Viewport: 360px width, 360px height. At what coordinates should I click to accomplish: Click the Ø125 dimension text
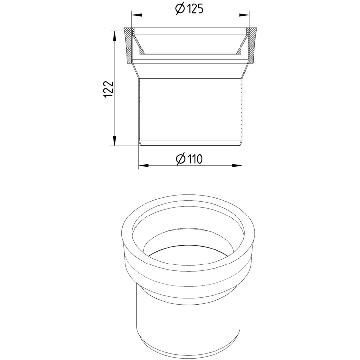(189, 9)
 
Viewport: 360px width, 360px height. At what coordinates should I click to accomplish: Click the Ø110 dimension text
(189, 159)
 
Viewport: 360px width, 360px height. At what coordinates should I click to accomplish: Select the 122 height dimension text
(109, 90)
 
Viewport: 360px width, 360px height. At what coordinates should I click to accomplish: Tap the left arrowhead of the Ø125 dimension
(136, 15)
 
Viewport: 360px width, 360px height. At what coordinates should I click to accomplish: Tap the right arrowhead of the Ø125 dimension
(244, 15)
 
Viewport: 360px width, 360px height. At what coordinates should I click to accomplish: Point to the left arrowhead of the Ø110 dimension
(143, 165)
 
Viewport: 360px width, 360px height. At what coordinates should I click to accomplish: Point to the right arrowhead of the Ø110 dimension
(237, 165)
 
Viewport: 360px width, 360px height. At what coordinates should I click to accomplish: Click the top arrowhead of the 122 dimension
(114, 36)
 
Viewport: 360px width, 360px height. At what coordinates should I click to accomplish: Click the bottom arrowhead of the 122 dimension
(114, 141)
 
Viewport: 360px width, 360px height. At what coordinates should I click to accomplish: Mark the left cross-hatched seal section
(129, 46)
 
